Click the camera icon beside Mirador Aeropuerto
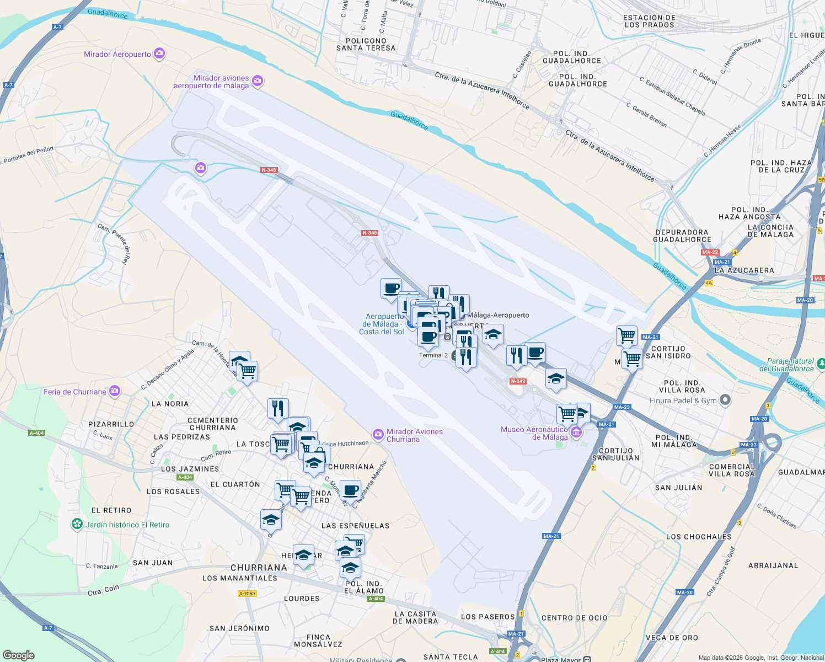coord(159,54)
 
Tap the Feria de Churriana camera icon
coord(115,391)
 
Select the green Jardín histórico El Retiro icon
coord(77,524)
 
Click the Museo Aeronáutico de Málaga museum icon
coord(576,432)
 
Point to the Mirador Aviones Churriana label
coord(414,435)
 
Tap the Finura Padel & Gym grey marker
coord(725,400)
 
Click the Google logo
coord(19,655)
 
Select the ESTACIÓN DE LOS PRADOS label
coord(649,21)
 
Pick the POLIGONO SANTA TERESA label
coord(366,44)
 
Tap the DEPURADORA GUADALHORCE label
coord(682,236)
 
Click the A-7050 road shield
coord(247,594)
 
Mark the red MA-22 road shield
coord(710,252)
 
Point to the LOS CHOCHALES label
coord(699,536)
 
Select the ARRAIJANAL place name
coord(773,565)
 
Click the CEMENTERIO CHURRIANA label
coord(213,424)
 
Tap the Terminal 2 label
coord(433,355)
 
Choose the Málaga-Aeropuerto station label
coord(498,315)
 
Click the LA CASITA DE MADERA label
coord(416,617)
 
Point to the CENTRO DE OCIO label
coord(574,618)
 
